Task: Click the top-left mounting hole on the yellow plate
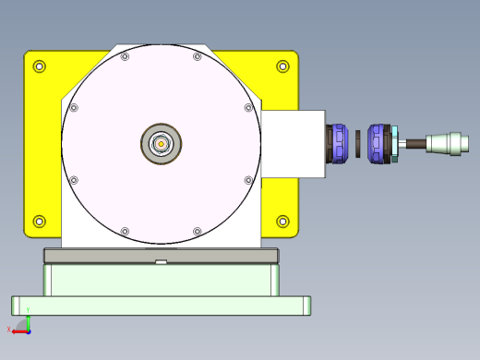click(x=40, y=66)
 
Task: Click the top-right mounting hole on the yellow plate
click(x=282, y=66)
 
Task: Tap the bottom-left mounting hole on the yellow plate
click(x=39, y=221)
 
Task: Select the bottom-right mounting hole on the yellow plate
click(x=282, y=221)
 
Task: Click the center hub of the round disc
click(x=162, y=143)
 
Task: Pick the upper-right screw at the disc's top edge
click(x=198, y=57)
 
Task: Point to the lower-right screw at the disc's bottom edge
click(x=198, y=230)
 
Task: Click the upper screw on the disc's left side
click(x=75, y=108)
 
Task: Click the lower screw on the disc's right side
click(x=247, y=179)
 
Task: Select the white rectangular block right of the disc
click(x=293, y=143)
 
